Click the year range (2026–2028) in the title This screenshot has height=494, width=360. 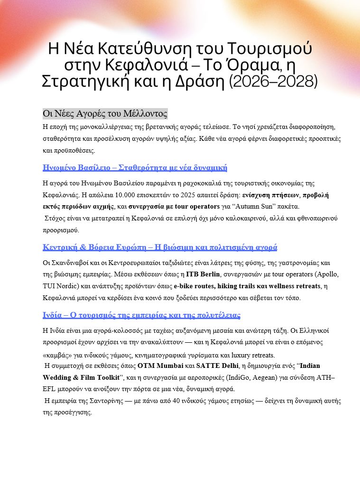pos(273,81)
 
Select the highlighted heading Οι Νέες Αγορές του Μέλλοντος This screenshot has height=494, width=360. pos(105,114)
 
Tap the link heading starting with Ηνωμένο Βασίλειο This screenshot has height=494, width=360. pos(135,167)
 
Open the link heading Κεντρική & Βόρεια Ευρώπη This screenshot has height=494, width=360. pos(160,247)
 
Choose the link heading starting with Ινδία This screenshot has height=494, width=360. pos(141,315)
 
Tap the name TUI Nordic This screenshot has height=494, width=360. pos(60,286)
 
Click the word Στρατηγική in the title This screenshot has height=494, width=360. pos(84,81)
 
